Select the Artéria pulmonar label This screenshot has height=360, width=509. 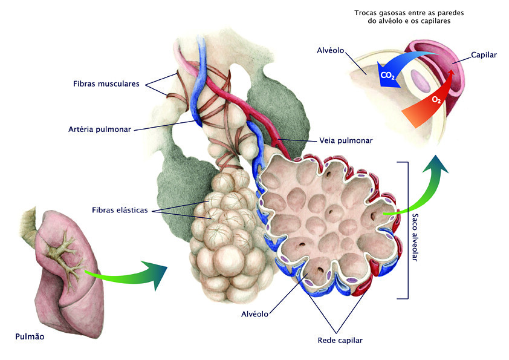(100, 129)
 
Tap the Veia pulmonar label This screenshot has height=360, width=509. (345, 141)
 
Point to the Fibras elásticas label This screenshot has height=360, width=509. (120, 210)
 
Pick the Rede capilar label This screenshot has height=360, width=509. (340, 341)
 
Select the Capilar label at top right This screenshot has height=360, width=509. (484, 55)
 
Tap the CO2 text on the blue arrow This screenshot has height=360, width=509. (388, 76)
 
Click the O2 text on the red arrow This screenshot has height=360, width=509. (436, 99)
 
